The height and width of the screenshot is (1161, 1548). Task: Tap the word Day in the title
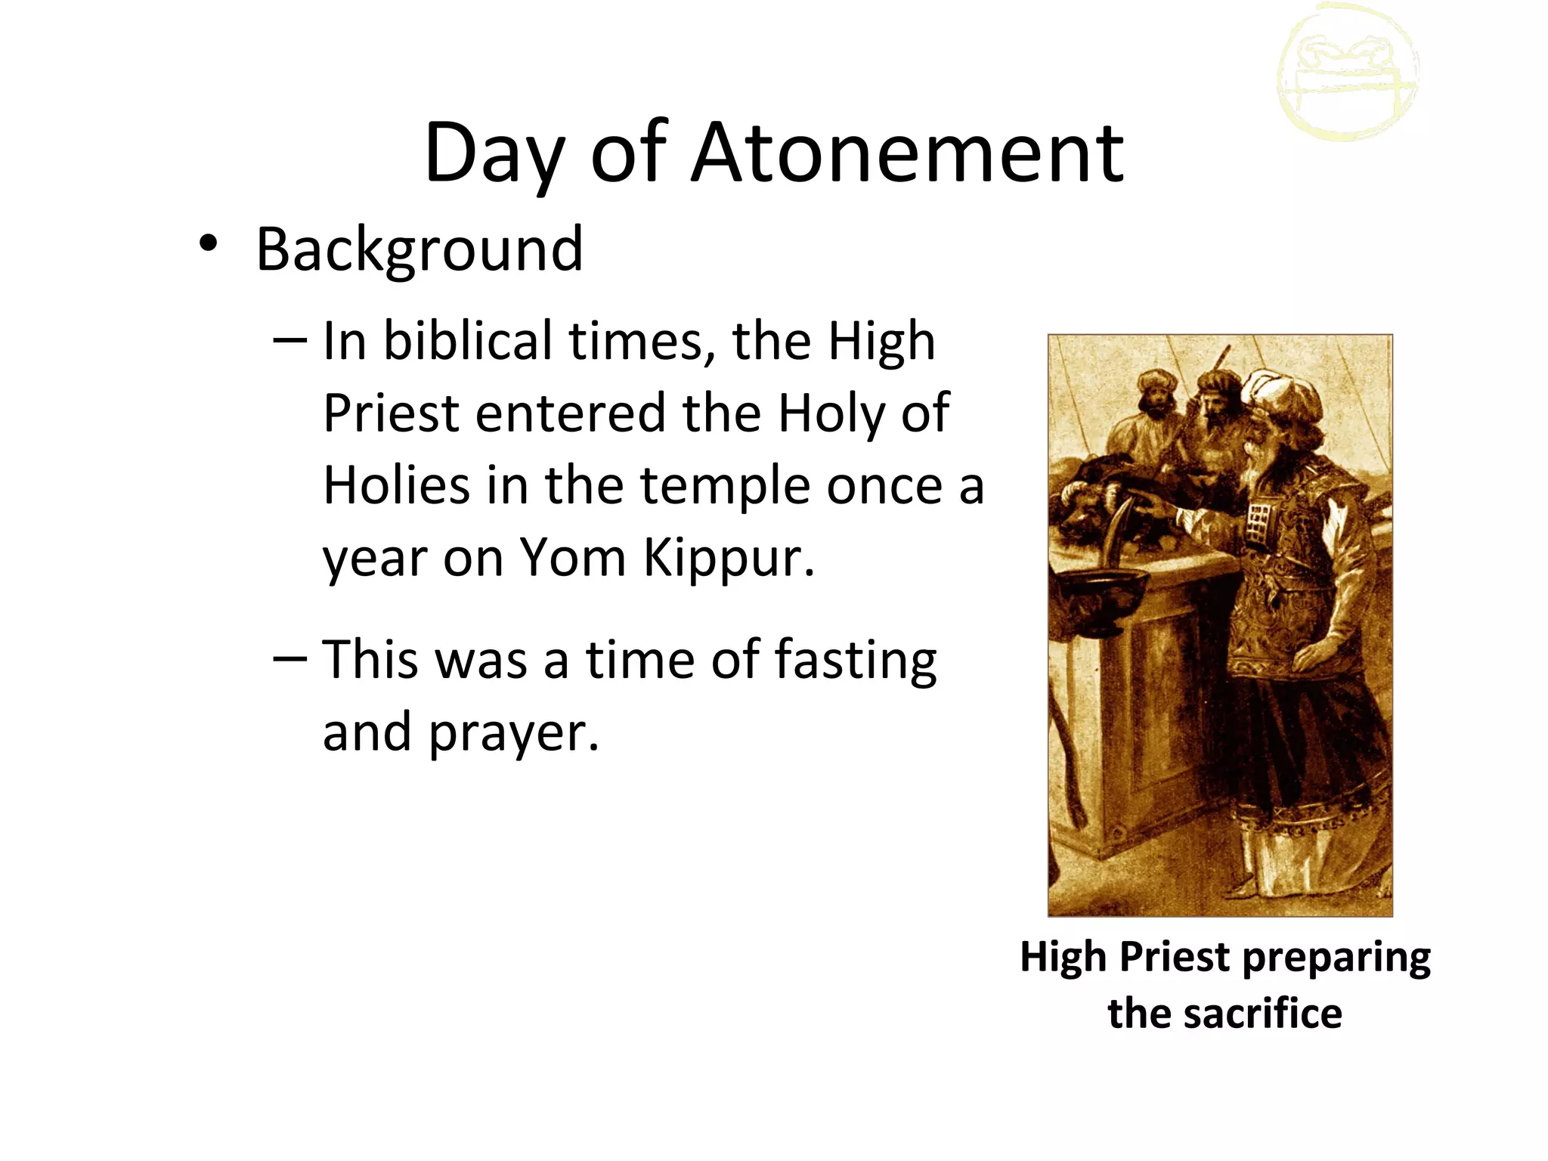tap(494, 155)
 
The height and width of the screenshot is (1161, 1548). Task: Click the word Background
tap(420, 249)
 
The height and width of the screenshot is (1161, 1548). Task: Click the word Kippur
tap(729, 558)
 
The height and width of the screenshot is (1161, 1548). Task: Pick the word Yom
tap(573, 558)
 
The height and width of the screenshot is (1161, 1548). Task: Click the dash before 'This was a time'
tap(289, 658)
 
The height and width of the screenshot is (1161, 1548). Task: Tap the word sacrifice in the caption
tap(1262, 1014)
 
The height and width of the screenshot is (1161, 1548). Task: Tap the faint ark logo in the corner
tap(1348, 73)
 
